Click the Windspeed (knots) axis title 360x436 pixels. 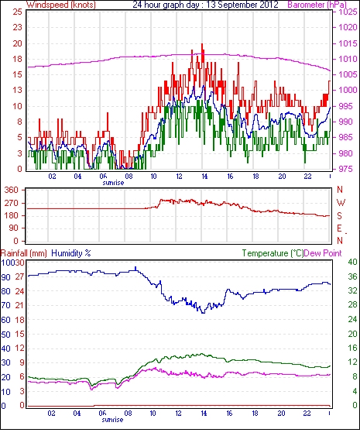(x=61, y=5)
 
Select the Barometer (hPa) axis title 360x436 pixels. (x=317, y=5)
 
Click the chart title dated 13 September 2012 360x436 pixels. (x=205, y=5)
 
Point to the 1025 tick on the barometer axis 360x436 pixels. (x=348, y=12)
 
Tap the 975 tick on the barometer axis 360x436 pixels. (x=346, y=169)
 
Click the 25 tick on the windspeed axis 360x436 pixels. (x=17, y=12)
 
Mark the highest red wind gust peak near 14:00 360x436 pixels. (x=202, y=44)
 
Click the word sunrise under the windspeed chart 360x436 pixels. (x=113, y=183)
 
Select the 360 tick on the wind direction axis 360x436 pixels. (x=11, y=191)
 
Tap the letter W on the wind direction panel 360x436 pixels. (x=341, y=203)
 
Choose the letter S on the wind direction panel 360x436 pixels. (x=339, y=215)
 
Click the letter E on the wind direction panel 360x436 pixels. (x=339, y=228)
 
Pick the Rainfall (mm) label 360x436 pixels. (x=24, y=253)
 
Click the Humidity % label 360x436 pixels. (x=71, y=253)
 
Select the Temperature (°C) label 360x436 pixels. (x=273, y=253)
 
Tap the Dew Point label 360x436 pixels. (x=323, y=253)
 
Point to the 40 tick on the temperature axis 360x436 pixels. (x=352, y=262)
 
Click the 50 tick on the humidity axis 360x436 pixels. (x=5, y=335)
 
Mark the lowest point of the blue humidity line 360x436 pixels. (x=203, y=313)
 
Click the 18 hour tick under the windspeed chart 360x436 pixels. (x=255, y=177)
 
